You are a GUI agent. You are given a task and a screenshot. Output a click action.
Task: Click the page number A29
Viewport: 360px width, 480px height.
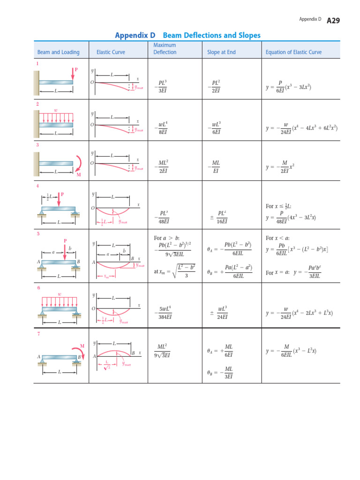333,20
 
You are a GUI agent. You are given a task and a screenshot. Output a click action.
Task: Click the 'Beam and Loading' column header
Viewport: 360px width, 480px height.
59,52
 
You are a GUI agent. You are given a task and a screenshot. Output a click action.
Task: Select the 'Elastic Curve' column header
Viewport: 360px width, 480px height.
111,52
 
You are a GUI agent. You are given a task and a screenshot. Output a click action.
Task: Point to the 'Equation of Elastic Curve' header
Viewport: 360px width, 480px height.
293,52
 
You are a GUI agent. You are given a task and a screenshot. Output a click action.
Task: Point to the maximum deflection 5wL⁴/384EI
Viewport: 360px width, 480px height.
164,313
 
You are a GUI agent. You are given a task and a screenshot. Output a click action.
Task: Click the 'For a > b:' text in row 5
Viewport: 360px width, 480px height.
167,238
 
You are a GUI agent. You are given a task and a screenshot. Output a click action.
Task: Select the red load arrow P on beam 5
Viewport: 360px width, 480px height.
65,248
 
